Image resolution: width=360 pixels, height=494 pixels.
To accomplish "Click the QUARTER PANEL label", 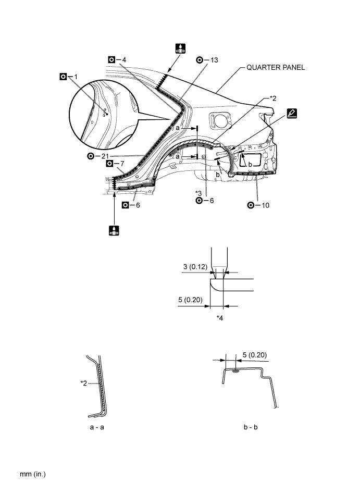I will click(x=276, y=67).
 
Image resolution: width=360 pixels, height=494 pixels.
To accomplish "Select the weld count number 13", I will click(x=215, y=60).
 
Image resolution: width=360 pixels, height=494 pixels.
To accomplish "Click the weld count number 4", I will click(x=124, y=59).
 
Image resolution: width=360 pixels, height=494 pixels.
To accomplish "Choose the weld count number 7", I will click(x=121, y=164).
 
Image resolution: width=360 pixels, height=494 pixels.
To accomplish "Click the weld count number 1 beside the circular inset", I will click(x=76, y=76).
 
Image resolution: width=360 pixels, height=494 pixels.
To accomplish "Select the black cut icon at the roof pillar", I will click(x=180, y=49).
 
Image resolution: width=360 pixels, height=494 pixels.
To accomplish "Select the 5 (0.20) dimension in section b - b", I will click(x=253, y=355).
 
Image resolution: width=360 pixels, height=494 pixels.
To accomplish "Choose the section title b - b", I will click(x=250, y=427).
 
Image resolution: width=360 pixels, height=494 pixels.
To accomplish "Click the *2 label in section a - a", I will click(x=83, y=384).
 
